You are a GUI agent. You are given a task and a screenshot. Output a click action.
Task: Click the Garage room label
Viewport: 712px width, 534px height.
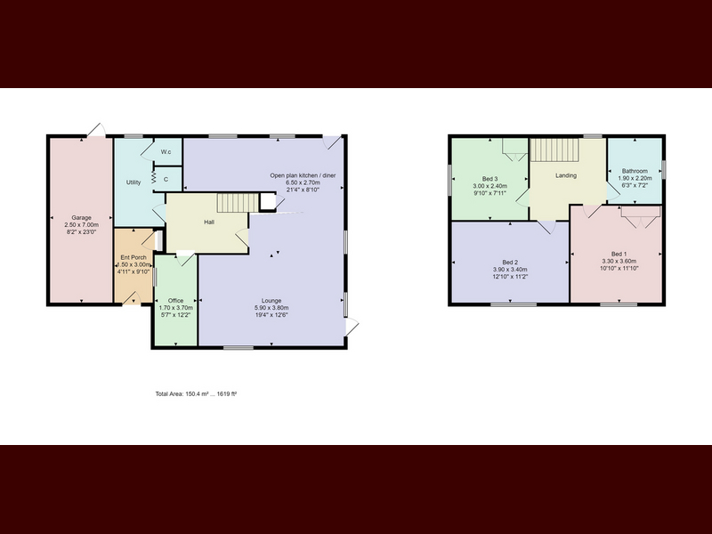coord(81,217)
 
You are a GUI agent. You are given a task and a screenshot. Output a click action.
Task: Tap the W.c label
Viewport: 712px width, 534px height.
coord(166,151)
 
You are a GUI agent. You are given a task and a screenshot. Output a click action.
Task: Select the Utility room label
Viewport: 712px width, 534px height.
coord(133,182)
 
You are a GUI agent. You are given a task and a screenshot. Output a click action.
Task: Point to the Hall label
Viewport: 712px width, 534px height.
coord(209,222)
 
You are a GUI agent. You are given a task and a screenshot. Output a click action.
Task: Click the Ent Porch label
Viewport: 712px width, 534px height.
coord(133,257)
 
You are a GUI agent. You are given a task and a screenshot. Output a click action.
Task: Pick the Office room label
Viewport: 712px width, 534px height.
coord(175,301)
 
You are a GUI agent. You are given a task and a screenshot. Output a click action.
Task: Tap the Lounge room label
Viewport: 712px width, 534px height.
coord(271,301)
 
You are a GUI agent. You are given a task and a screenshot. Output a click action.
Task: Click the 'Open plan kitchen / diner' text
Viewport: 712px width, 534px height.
coord(303,175)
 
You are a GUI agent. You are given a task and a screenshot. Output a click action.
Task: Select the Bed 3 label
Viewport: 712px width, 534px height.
coord(490,179)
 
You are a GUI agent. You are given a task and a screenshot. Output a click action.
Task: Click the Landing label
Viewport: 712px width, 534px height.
coord(566,175)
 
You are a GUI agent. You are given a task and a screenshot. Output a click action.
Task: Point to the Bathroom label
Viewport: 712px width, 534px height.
coord(635,171)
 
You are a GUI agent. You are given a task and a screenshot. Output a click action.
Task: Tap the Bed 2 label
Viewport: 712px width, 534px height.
coord(510,263)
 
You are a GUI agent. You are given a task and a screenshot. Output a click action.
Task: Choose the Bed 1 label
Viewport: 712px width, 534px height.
coord(619,254)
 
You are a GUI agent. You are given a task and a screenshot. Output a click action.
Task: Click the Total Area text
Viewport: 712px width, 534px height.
coord(196,394)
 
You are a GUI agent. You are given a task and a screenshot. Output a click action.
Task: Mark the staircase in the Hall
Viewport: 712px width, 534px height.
coord(238,203)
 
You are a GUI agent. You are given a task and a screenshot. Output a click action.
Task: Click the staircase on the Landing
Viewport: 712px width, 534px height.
coord(554,150)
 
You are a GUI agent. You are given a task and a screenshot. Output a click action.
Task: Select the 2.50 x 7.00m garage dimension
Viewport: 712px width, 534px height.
coord(81,225)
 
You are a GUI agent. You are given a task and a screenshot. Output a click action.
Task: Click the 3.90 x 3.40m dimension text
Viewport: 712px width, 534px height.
coord(510,270)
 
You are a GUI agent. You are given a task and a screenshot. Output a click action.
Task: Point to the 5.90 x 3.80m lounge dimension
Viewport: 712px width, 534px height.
coord(271,307)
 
